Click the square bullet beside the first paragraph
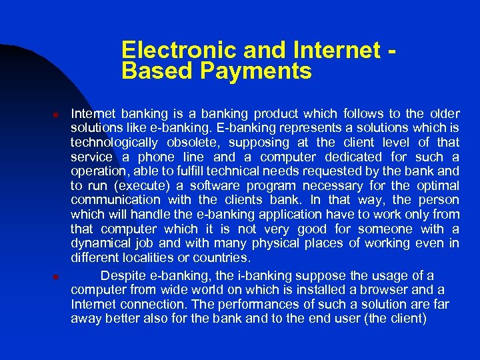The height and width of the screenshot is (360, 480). click(x=57, y=115)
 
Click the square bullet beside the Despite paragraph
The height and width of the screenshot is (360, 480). click(x=57, y=277)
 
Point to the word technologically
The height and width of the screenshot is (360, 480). click(x=114, y=143)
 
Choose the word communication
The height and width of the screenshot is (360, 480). click(x=115, y=200)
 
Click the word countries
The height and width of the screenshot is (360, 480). click(x=227, y=257)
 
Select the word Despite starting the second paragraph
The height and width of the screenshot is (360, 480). click(x=123, y=276)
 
